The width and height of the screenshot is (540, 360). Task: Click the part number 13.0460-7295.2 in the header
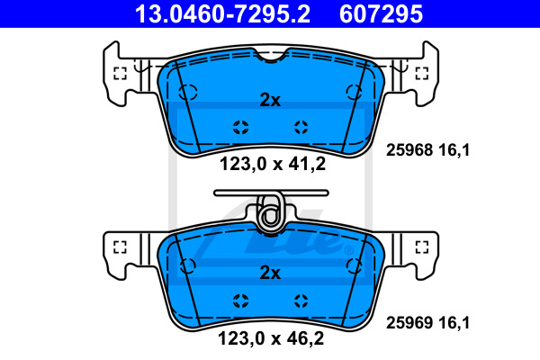pyautogui.click(x=222, y=14)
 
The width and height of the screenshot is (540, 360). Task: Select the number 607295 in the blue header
pyautogui.click(x=381, y=14)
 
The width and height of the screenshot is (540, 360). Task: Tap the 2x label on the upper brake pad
pyautogui.click(x=270, y=100)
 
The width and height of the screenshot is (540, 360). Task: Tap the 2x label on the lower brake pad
pyautogui.click(x=270, y=273)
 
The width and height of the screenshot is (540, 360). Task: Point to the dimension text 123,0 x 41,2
pyautogui.click(x=273, y=164)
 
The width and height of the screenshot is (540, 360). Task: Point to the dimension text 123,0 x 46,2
pyautogui.click(x=271, y=338)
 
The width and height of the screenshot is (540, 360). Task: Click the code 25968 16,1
pyautogui.click(x=427, y=150)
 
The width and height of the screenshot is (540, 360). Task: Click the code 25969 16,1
pyautogui.click(x=427, y=323)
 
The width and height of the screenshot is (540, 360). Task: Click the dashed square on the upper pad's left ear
pyautogui.click(x=120, y=73)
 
